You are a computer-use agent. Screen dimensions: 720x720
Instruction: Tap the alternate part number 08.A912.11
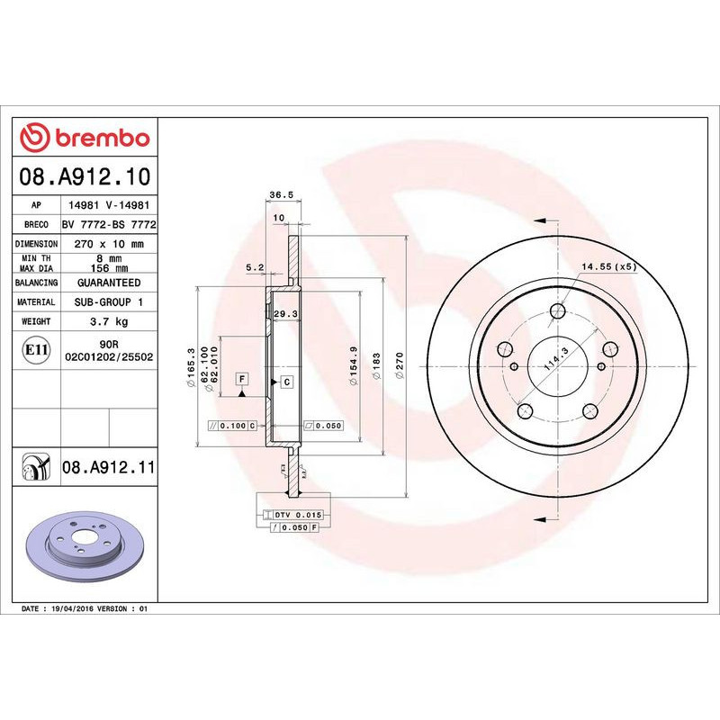point(109,467)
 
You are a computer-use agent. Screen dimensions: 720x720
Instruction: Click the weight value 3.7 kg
point(108,321)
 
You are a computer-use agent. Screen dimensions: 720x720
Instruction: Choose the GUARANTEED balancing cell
point(108,283)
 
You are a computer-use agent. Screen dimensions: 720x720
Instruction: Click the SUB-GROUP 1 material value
point(108,302)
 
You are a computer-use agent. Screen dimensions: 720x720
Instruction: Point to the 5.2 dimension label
point(254,267)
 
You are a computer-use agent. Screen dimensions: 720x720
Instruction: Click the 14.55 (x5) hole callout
point(608,267)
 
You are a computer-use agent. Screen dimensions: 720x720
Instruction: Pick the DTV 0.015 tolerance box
point(296,514)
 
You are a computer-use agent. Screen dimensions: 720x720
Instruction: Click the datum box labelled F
point(242,380)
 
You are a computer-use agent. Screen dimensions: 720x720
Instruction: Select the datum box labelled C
point(286,382)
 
